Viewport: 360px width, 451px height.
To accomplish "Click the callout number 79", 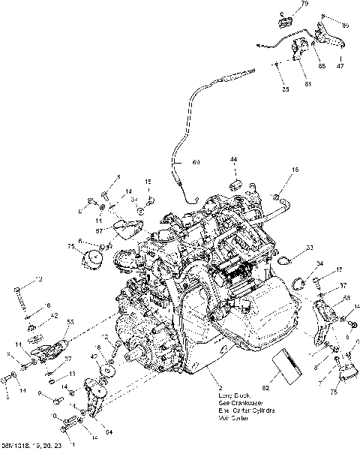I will click(304, 5).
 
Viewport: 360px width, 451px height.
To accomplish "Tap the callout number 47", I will click(339, 67).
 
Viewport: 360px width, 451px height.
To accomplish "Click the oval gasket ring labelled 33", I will click(285, 260).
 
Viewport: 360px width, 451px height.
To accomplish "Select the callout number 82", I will click(265, 388).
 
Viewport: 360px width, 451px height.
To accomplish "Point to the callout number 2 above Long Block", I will click(218, 384).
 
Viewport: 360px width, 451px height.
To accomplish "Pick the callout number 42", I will click(55, 317).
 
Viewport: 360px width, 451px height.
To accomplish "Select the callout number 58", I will click(346, 298).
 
